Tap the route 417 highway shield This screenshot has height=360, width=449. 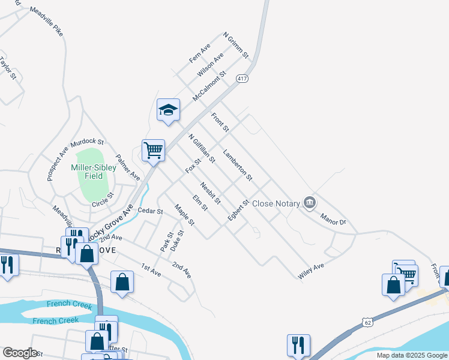243,79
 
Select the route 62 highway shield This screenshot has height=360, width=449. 367,323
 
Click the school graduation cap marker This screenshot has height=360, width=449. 169,110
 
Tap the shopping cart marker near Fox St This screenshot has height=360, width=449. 153,151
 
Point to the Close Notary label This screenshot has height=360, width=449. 276,203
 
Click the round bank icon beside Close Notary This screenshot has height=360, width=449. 310,203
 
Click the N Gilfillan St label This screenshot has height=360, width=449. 202,148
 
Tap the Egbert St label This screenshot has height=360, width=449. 238,211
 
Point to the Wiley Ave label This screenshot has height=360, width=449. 311,271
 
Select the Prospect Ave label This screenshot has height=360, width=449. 58,161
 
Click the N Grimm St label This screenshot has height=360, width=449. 236,46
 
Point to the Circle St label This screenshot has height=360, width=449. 103,200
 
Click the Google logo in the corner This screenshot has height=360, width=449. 20,352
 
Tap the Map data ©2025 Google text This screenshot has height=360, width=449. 412,355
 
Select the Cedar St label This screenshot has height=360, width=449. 150,211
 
